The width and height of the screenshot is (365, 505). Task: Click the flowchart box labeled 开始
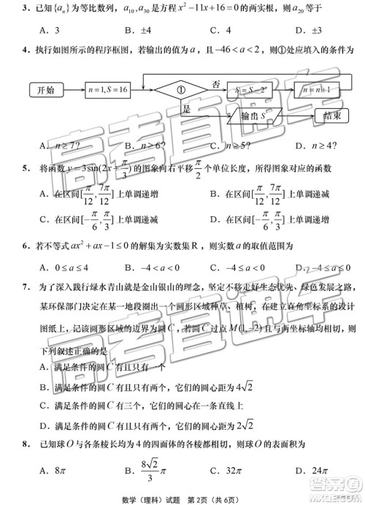point(45,90)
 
